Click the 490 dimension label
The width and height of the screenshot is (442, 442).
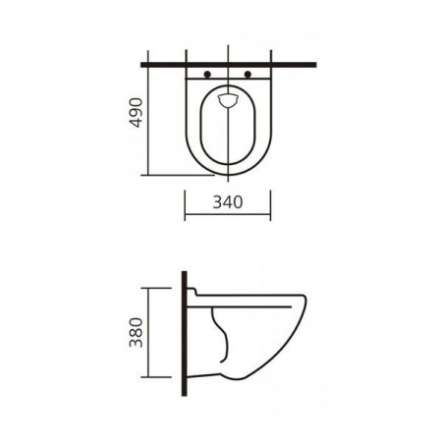pos(136,112)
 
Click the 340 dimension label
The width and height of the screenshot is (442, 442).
pos(228,202)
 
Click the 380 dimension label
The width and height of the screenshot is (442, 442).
pos(137,332)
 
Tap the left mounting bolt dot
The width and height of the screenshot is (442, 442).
pos(207,75)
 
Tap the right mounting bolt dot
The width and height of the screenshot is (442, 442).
pos(248,75)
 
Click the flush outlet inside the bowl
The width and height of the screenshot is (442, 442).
pos(228,100)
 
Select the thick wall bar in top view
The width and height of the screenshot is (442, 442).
pos(229,65)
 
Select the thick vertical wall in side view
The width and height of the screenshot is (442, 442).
pos(185,333)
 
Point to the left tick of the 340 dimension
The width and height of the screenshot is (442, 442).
pos(185,205)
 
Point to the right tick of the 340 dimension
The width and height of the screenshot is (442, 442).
pos(271,205)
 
